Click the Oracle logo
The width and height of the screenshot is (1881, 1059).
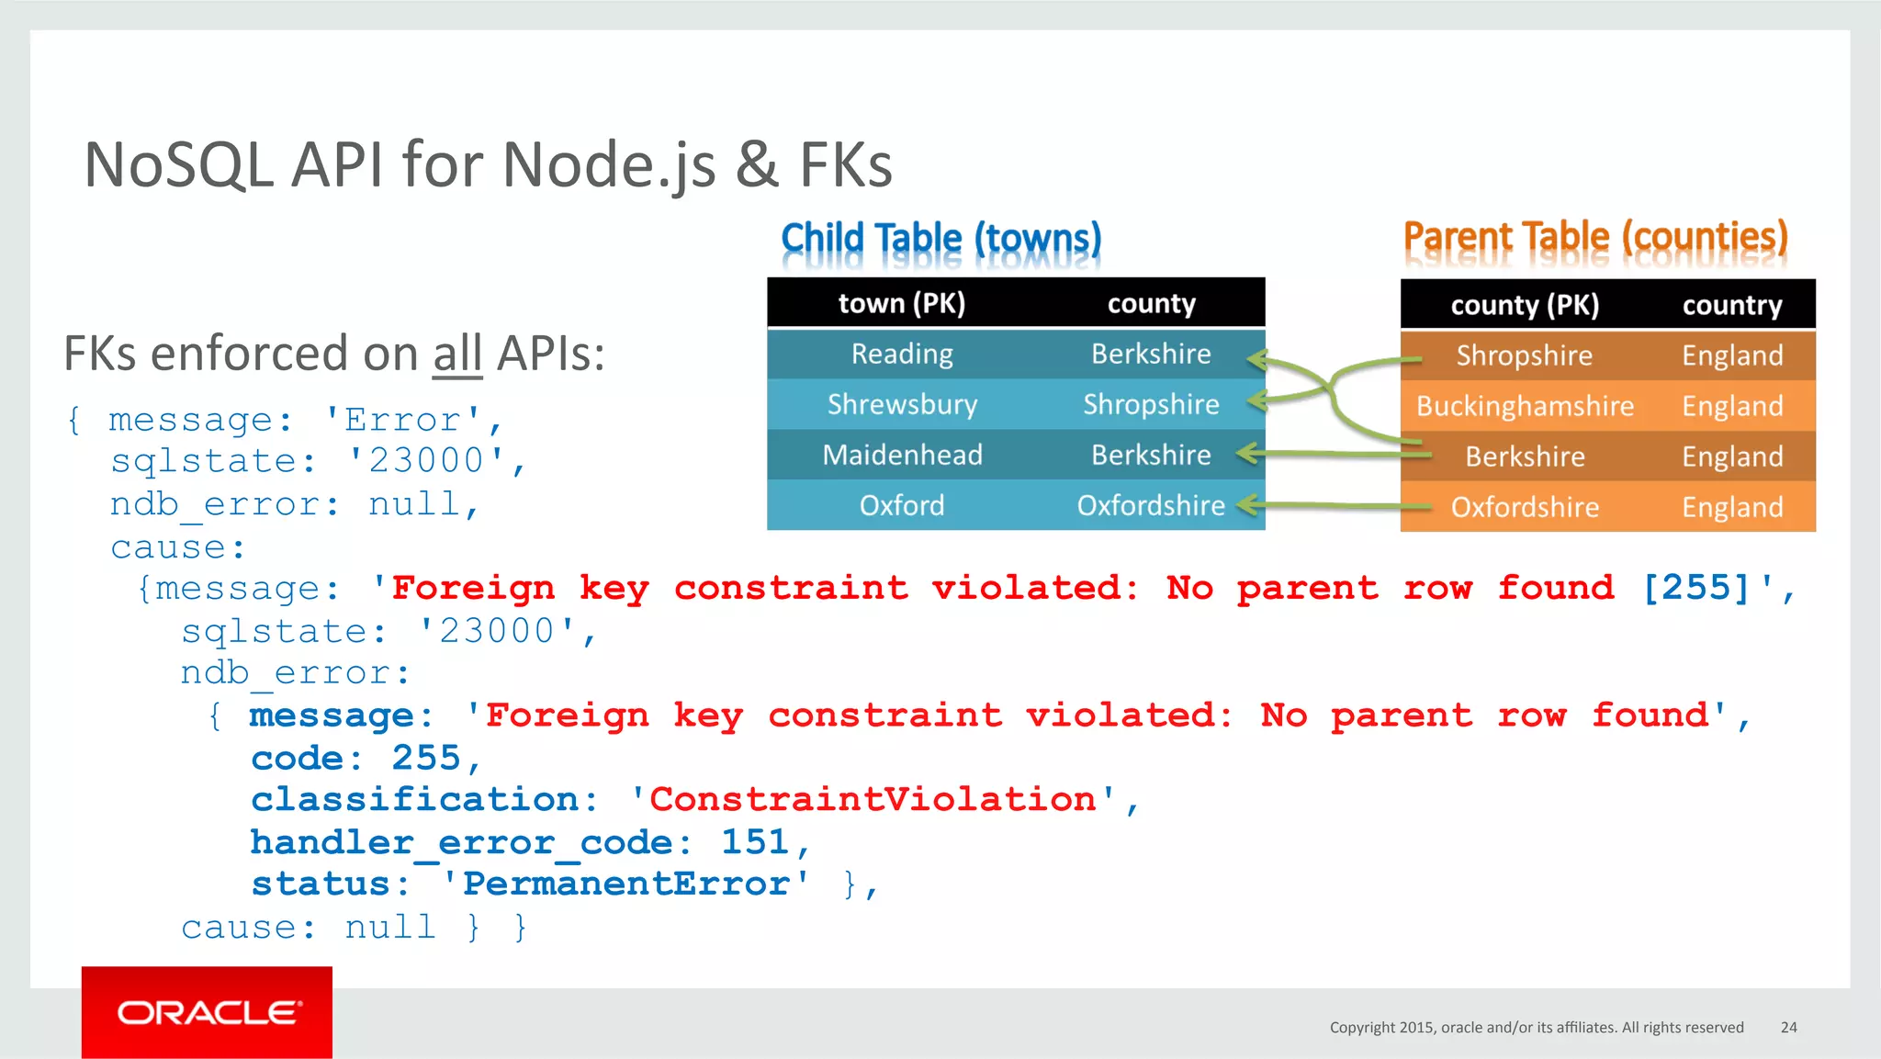208,1012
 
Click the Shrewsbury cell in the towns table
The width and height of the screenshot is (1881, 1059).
902,404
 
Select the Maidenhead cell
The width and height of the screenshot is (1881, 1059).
902,455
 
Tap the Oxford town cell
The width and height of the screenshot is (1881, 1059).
902,505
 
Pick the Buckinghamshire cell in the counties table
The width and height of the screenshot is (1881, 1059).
1525,406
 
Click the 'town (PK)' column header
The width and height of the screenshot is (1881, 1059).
902,303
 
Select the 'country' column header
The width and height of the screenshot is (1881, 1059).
1732,305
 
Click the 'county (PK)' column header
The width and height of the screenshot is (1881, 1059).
1525,305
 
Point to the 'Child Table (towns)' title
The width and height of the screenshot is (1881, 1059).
940,239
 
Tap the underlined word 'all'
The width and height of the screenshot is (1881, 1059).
457,354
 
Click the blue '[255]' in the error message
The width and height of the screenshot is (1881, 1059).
1695,588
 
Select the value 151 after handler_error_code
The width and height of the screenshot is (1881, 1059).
755,841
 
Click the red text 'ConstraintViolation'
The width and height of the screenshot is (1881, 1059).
873,799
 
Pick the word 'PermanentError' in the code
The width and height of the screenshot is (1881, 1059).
625,884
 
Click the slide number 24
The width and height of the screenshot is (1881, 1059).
1788,1027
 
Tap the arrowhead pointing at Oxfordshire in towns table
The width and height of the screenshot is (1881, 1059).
1246,504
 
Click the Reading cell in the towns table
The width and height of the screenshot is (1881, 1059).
902,354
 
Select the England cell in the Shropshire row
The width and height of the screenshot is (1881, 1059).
1732,355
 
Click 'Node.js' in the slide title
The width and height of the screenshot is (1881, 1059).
609,165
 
